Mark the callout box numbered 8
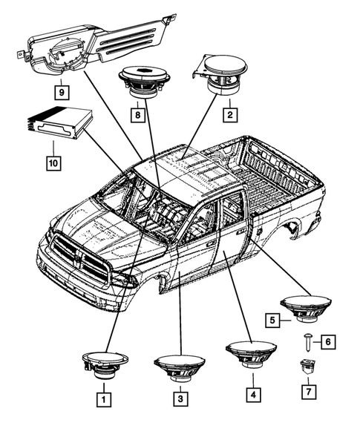point(137,114)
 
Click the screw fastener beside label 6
point(307,342)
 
